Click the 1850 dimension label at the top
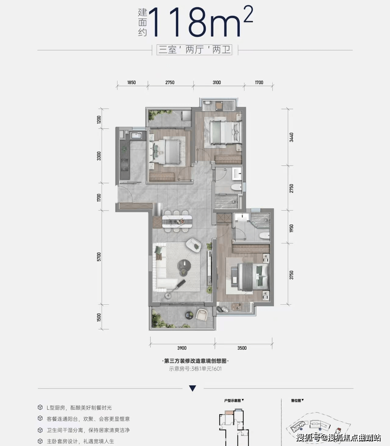tap(131, 83)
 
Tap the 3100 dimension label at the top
tap(217, 83)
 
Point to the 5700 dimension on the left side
tap(99, 257)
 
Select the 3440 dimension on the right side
tap(291, 137)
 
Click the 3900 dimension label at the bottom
tap(182, 348)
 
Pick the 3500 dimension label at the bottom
tap(242, 348)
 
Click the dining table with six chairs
tap(177, 221)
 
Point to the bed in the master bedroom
tap(253, 277)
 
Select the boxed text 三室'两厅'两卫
tap(194, 50)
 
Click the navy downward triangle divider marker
tap(193, 388)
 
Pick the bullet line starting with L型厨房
tap(79, 408)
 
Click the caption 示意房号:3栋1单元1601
tap(195, 369)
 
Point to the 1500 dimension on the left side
tap(99, 318)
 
